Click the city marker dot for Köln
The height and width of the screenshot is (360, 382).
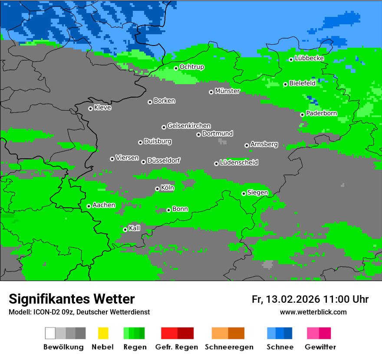coord(157,189)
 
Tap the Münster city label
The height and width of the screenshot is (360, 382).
coord(227,91)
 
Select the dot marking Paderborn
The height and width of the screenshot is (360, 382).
coord(303,115)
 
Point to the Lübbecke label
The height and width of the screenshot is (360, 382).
coord(310,58)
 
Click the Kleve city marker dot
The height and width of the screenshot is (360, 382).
coord(90,108)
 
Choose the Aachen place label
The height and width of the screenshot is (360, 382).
coord(104,205)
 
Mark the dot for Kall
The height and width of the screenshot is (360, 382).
coord(125,229)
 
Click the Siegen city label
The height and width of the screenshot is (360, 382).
coord(257,193)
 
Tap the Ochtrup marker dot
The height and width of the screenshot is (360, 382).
coord(176,68)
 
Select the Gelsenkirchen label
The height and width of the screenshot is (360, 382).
coord(189,126)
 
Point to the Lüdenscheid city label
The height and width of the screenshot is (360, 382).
coord(239,163)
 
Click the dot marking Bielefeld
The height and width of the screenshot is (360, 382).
coord(285,84)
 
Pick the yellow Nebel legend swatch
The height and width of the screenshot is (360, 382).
coord(103,333)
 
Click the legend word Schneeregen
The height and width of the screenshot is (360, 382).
coord(229,347)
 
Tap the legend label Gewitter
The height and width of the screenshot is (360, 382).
coord(320,347)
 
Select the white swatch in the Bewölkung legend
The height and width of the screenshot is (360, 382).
coord(50,333)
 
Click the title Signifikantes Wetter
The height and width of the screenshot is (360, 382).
coord(72,299)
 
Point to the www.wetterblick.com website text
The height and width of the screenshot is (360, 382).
coord(313,312)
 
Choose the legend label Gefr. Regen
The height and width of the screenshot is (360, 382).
coord(177,347)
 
